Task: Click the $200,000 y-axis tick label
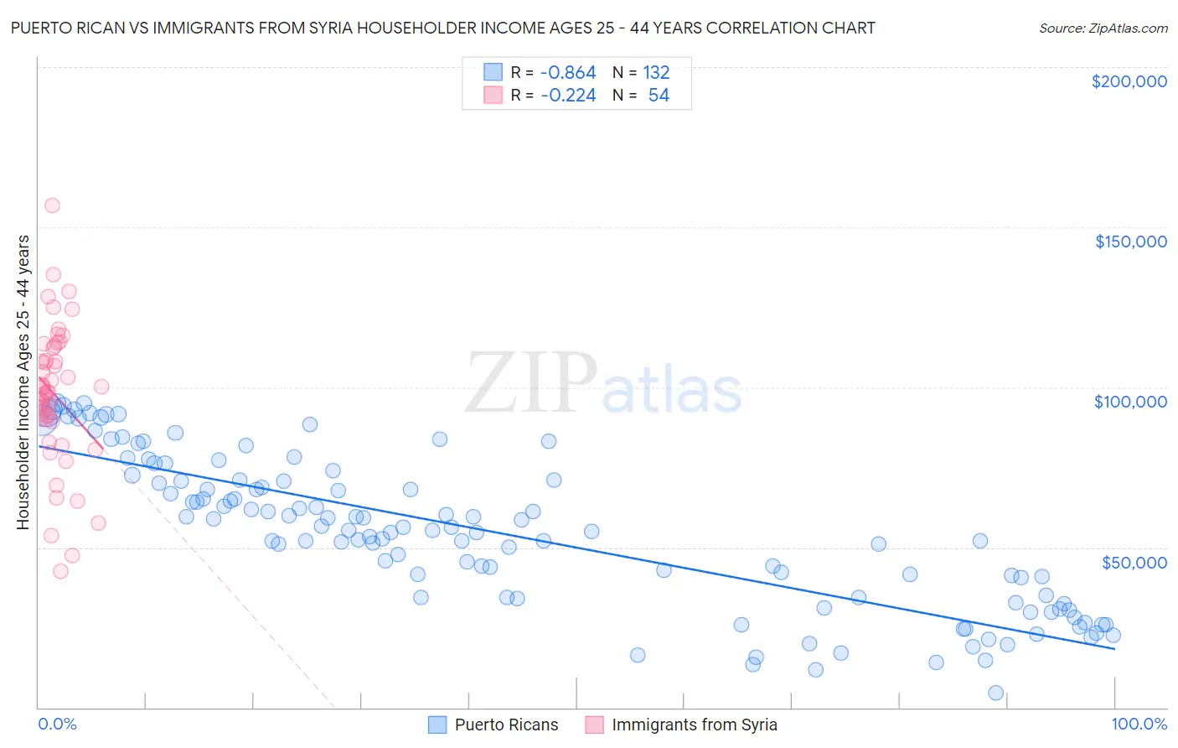pyautogui.click(x=1129, y=81)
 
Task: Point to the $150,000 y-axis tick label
pyautogui.click(x=1130, y=242)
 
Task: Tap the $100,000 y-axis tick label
pyautogui.click(x=1130, y=402)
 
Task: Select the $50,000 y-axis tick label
pyautogui.click(x=1134, y=563)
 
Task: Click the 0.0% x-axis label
pyautogui.click(x=57, y=724)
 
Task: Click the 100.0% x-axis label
pyautogui.click(x=1139, y=724)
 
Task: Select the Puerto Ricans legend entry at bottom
pyautogui.click(x=506, y=725)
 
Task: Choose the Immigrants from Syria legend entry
pyautogui.click(x=694, y=725)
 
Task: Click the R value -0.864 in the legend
pyautogui.click(x=568, y=73)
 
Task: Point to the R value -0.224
pyautogui.click(x=568, y=96)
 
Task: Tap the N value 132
pyautogui.click(x=656, y=73)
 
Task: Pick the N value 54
pyautogui.click(x=659, y=96)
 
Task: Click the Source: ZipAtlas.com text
pyautogui.click(x=1103, y=29)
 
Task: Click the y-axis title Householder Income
pyautogui.click(x=23, y=382)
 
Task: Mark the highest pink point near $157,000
pyautogui.click(x=52, y=205)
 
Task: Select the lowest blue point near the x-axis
pyautogui.click(x=995, y=693)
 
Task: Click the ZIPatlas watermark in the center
pyautogui.click(x=603, y=384)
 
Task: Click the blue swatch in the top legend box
pyautogui.click(x=493, y=72)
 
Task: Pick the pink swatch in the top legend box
pyautogui.click(x=493, y=95)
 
